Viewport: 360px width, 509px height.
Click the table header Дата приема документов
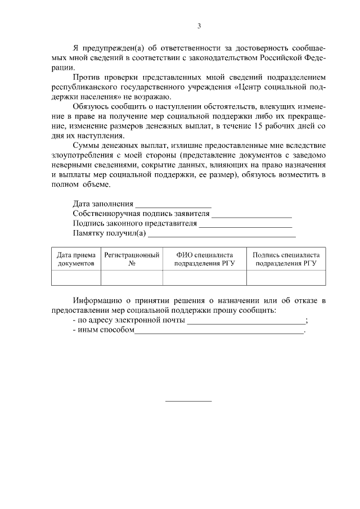coord(76,259)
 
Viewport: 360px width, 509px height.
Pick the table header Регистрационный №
coord(132,259)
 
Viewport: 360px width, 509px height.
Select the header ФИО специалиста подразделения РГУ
coord(204,259)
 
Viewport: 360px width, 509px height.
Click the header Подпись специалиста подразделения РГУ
coord(286,259)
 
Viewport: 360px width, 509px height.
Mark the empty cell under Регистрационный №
coord(132,278)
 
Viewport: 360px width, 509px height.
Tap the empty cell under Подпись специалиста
coord(286,278)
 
